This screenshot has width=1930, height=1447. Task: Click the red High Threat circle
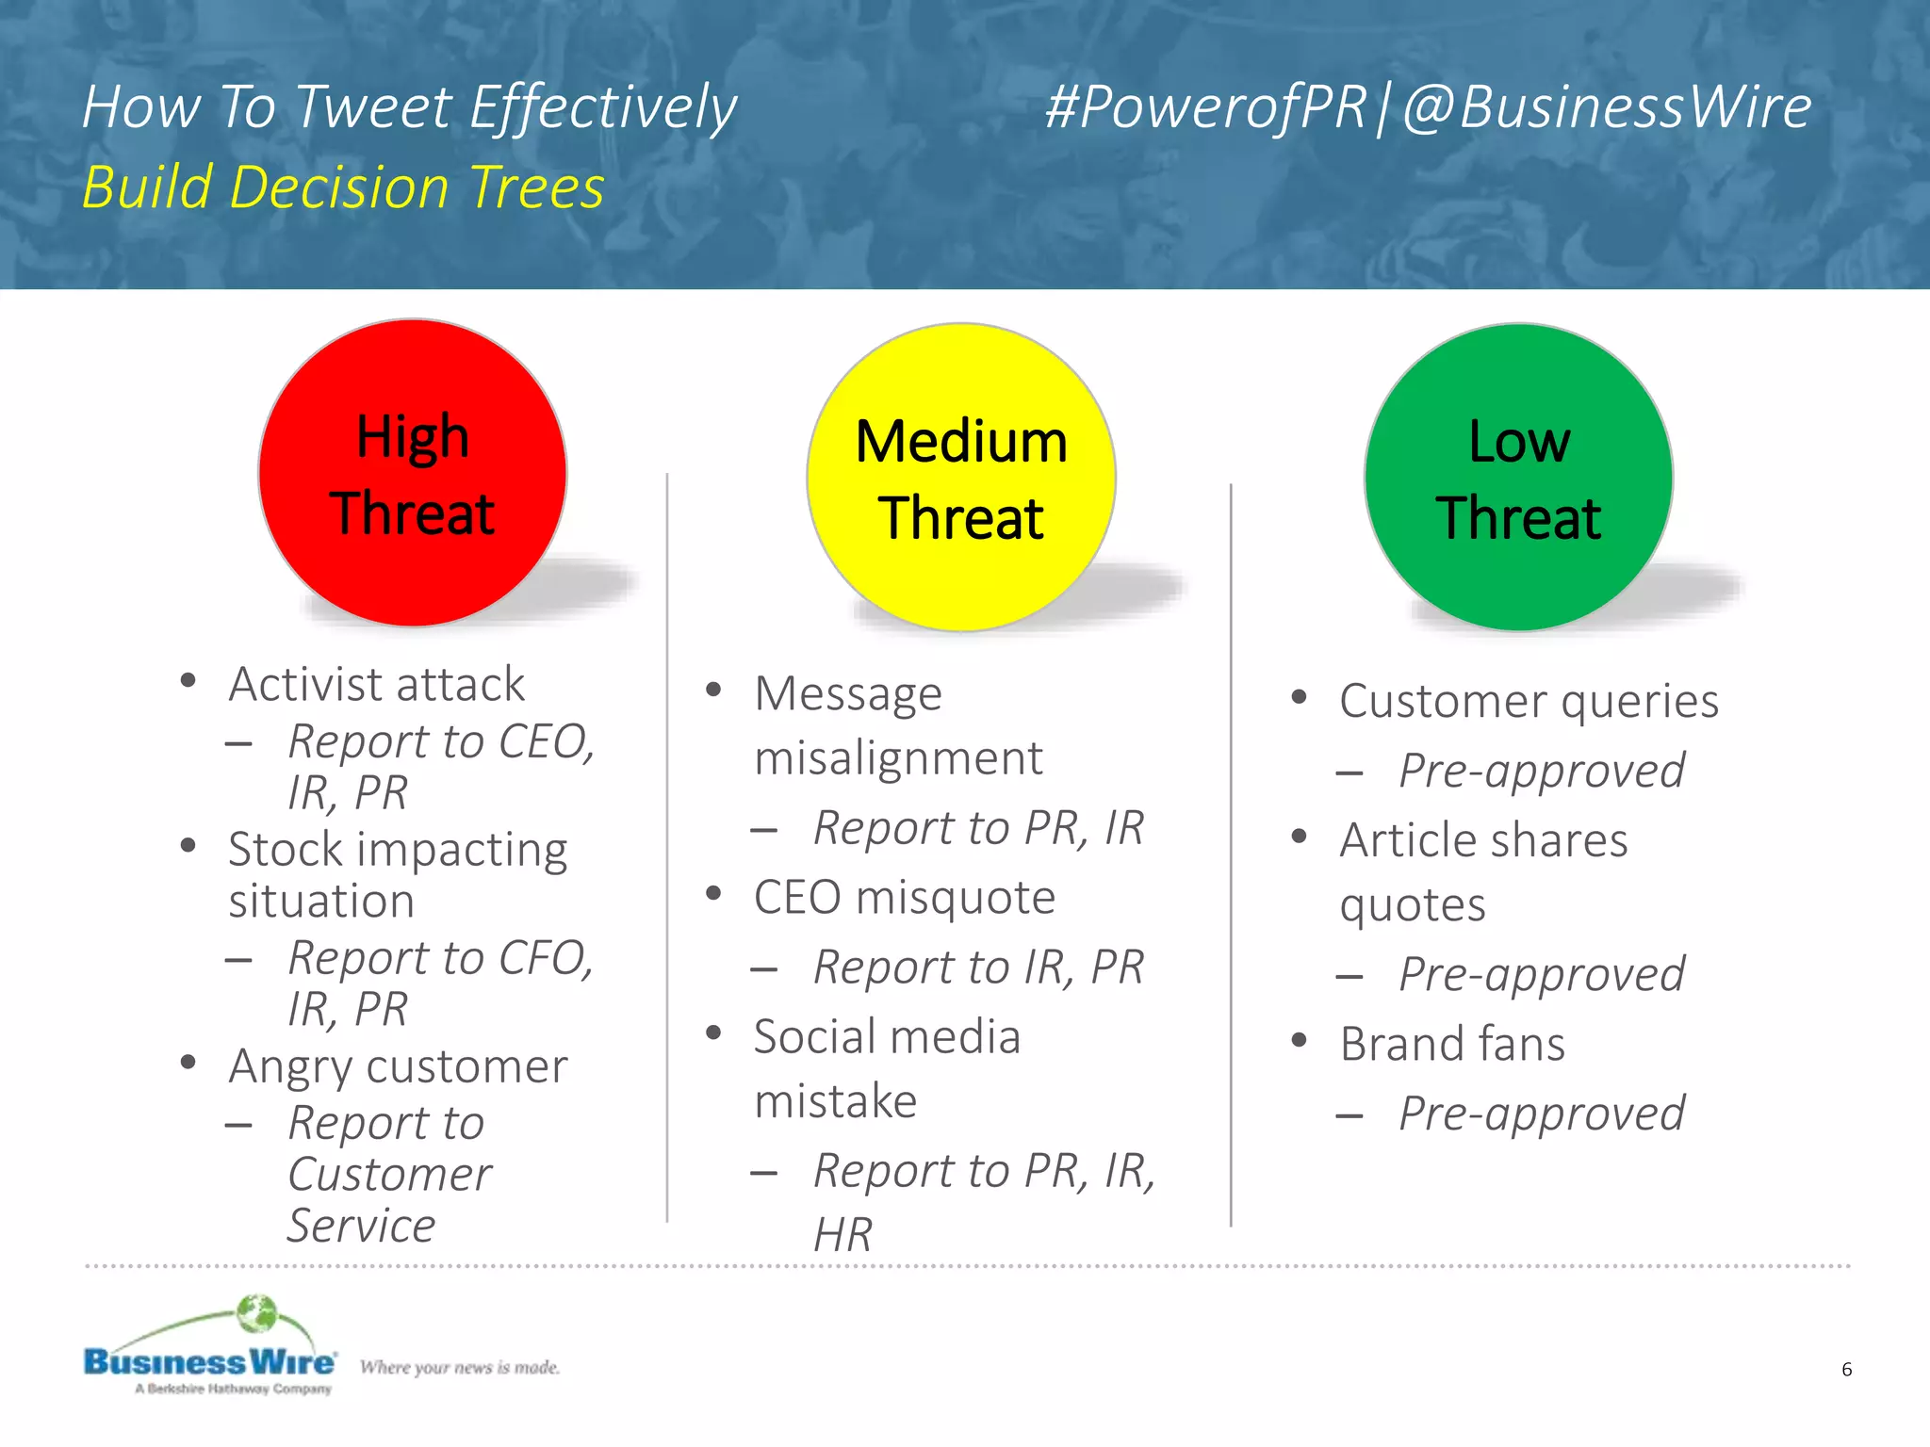coord(413,474)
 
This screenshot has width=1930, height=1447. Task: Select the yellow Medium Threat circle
coord(961,478)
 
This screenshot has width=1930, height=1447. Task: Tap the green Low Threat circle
coord(1518,478)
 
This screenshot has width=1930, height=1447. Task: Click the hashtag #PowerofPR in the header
coord(1205,106)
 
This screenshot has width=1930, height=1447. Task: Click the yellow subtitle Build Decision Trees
coord(343,187)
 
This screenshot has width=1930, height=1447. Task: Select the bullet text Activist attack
coord(376,684)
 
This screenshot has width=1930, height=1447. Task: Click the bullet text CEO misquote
coord(904,897)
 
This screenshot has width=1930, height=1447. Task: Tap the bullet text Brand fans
coord(1452,1044)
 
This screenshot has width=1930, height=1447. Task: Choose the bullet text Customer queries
coord(1529,701)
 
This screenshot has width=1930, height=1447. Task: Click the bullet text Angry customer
coord(398,1066)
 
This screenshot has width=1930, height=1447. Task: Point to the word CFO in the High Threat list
coord(545,958)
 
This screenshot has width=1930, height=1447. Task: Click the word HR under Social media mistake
coord(842,1234)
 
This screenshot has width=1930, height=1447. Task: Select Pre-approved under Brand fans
coord(1541,1114)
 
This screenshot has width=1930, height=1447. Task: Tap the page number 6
coord(1846,1369)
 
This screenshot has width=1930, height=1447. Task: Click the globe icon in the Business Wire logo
coord(256,1313)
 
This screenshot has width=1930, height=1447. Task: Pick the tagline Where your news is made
coord(459,1367)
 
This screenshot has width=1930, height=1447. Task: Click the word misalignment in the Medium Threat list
coord(898,757)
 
